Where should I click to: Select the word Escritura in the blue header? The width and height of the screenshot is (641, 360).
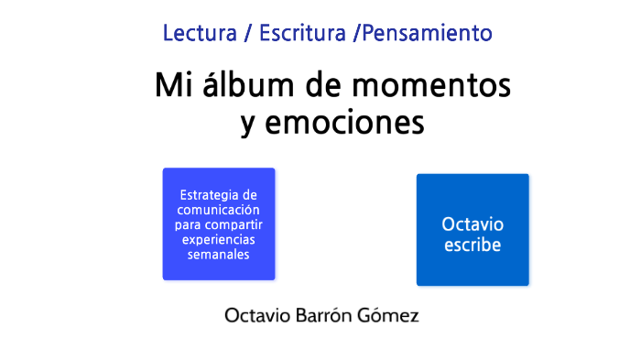(x=302, y=34)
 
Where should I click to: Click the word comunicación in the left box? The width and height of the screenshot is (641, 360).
(x=218, y=210)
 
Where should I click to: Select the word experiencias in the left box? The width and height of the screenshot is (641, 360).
(x=218, y=239)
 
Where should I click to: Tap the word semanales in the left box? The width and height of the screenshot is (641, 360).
(x=218, y=255)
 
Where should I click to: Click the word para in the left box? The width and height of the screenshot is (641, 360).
(x=188, y=225)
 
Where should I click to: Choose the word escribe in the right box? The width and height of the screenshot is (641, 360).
(x=473, y=245)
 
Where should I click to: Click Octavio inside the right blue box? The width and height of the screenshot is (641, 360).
(x=473, y=224)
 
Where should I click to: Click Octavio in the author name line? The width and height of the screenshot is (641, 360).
(x=257, y=316)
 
